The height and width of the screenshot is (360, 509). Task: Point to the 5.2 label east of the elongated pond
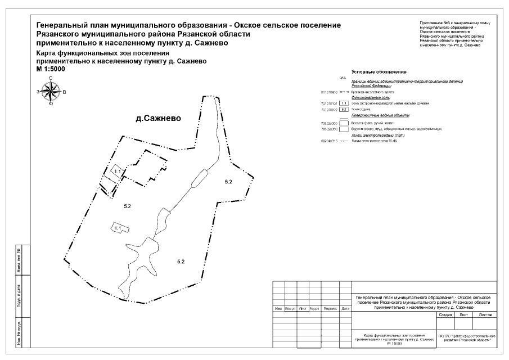[x=228, y=182]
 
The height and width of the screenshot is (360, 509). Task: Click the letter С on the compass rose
[x=51, y=78]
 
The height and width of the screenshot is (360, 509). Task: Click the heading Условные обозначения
[x=379, y=73]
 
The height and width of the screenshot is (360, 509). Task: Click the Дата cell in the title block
[x=345, y=309]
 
